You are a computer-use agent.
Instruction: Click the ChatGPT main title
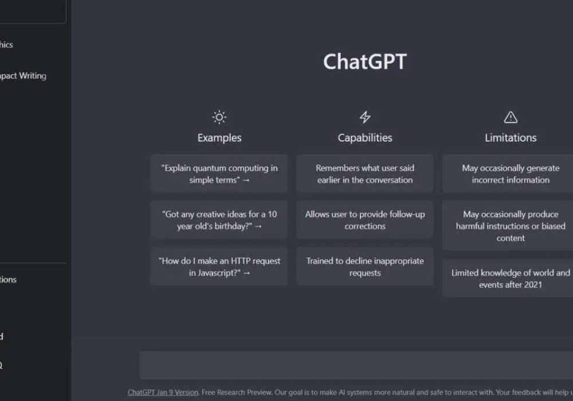[x=364, y=62]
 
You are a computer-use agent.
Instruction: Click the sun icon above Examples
[x=219, y=117]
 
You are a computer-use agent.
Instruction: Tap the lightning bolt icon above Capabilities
[x=365, y=117]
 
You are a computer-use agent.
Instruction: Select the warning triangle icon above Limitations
[x=510, y=117]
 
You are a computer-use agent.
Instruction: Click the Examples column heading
[x=219, y=137]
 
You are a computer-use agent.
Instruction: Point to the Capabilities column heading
[x=365, y=137]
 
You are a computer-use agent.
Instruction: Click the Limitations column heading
[x=510, y=137]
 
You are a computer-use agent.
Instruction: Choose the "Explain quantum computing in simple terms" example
[x=219, y=174]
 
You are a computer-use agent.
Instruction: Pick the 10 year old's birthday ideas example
[x=219, y=220]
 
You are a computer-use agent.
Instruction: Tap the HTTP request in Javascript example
[x=219, y=266]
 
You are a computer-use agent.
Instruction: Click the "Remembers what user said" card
[x=365, y=174]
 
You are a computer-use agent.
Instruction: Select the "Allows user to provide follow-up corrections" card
[x=365, y=220]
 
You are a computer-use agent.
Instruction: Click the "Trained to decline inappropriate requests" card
[x=365, y=266]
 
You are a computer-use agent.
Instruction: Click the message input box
[x=355, y=365]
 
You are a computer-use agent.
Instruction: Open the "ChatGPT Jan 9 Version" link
[x=163, y=392]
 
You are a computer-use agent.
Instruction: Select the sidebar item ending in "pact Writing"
[x=23, y=76]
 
